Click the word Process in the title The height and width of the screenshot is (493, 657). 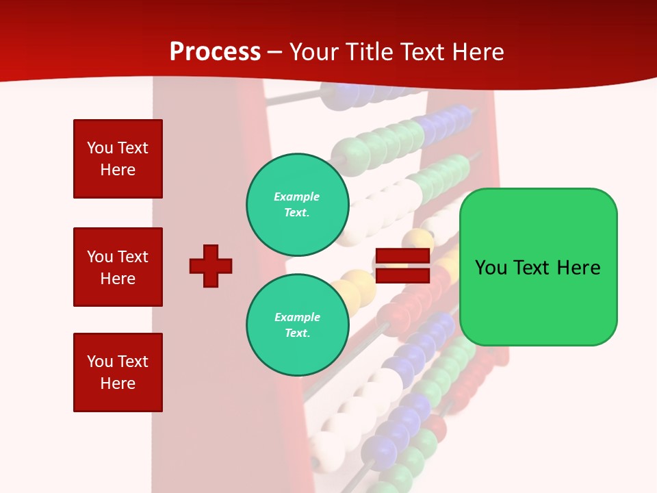click(215, 52)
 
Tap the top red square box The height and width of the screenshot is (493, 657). click(118, 159)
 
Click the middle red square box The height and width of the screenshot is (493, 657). click(118, 267)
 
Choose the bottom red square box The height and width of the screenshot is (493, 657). click(118, 372)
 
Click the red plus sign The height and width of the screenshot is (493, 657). click(211, 266)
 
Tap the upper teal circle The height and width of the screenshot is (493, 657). click(298, 205)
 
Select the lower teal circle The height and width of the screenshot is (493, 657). click(298, 325)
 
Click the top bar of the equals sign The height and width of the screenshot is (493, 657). click(402, 256)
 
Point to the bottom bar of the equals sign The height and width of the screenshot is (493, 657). click(402, 275)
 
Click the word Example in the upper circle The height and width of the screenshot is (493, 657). click(296, 197)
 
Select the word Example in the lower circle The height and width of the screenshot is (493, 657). click(297, 317)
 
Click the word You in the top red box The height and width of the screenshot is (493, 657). click(99, 148)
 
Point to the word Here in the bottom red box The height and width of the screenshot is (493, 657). click(118, 383)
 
